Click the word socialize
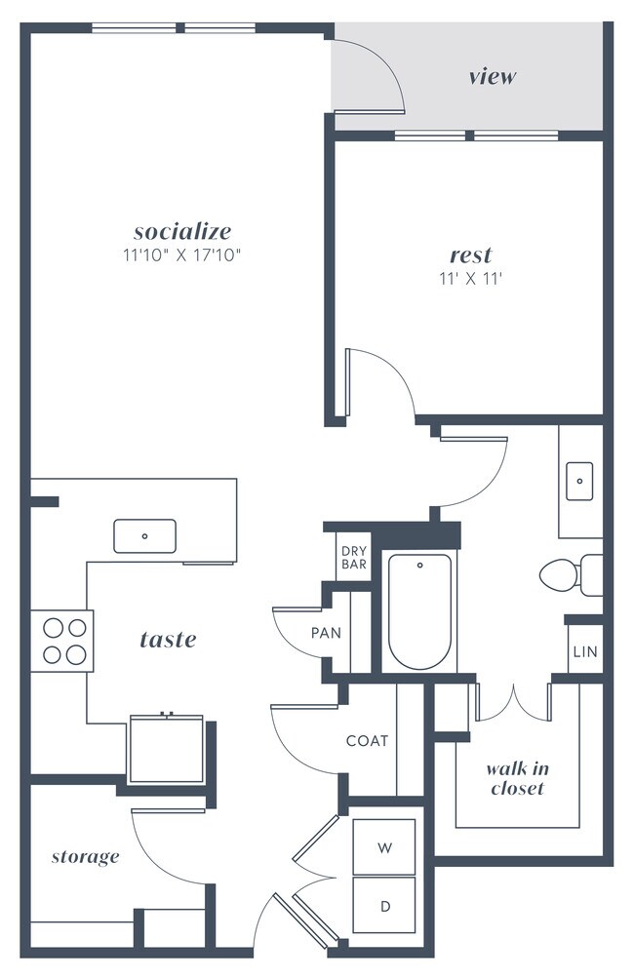coord(182,232)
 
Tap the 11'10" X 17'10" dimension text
coord(182,255)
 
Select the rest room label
coord(470,255)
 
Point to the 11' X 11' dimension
coord(470,278)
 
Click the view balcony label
coord(492,76)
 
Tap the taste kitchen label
coord(168,640)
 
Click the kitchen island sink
coord(144,535)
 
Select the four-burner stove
coord(61,641)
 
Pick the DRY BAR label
coord(354,558)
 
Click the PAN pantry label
coord(326,633)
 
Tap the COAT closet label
coord(367,740)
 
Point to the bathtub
coord(419,611)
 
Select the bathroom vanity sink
coord(579,481)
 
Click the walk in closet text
coord(517,778)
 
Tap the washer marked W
coord(384,846)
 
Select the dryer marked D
coord(384,906)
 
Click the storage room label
coord(85,857)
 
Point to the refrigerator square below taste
coord(166,749)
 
